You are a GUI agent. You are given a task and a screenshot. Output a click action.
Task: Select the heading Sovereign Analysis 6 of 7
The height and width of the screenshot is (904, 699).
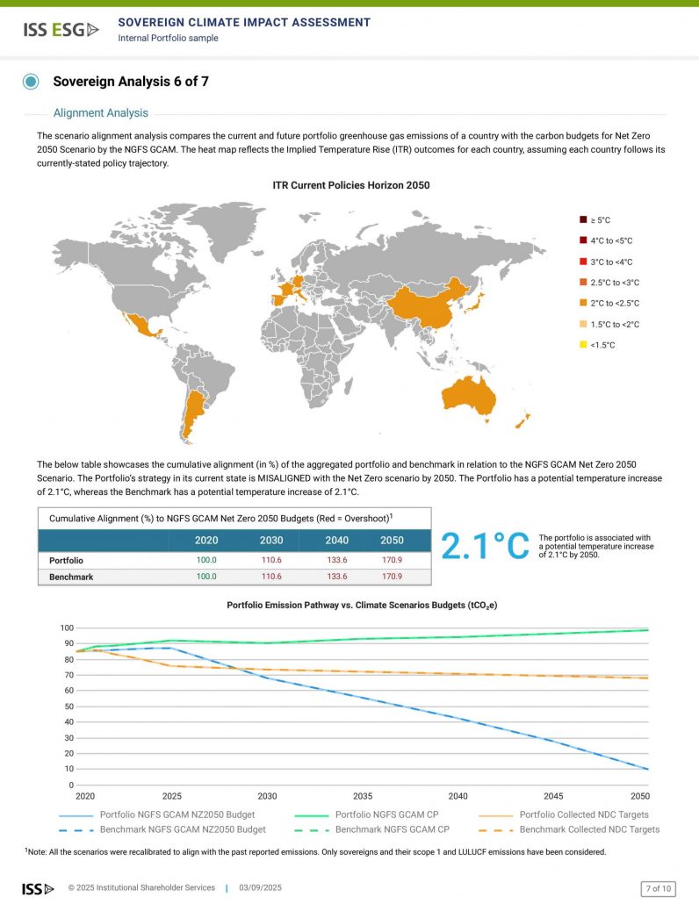[131, 82]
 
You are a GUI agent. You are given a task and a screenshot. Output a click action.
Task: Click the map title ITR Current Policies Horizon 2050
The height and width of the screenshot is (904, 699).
[349, 185]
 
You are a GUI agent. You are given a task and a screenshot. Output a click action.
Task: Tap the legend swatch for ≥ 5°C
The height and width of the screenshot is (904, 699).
[582, 219]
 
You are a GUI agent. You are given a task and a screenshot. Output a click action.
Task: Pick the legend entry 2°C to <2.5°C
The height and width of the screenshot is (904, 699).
[615, 304]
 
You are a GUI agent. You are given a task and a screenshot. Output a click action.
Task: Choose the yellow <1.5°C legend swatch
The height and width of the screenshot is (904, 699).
[582, 345]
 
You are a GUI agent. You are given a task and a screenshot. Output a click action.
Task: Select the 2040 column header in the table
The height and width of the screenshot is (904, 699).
[337, 541]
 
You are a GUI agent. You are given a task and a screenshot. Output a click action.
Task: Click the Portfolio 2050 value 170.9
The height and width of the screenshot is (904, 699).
[392, 559]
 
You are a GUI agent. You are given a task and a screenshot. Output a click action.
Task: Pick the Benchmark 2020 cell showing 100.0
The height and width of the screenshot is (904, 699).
[207, 577]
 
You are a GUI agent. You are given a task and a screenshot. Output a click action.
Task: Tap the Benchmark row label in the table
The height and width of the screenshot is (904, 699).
[72, 577]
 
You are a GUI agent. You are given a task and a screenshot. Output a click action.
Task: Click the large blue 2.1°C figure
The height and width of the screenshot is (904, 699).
[485, 546]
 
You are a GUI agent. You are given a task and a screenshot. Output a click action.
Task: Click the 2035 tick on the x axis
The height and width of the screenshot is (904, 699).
[362, 796]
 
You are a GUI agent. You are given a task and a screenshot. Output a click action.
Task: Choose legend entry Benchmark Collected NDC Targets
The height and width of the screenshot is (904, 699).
[589, 829]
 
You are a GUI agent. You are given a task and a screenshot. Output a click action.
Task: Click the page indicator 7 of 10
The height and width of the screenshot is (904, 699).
[658, 888]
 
